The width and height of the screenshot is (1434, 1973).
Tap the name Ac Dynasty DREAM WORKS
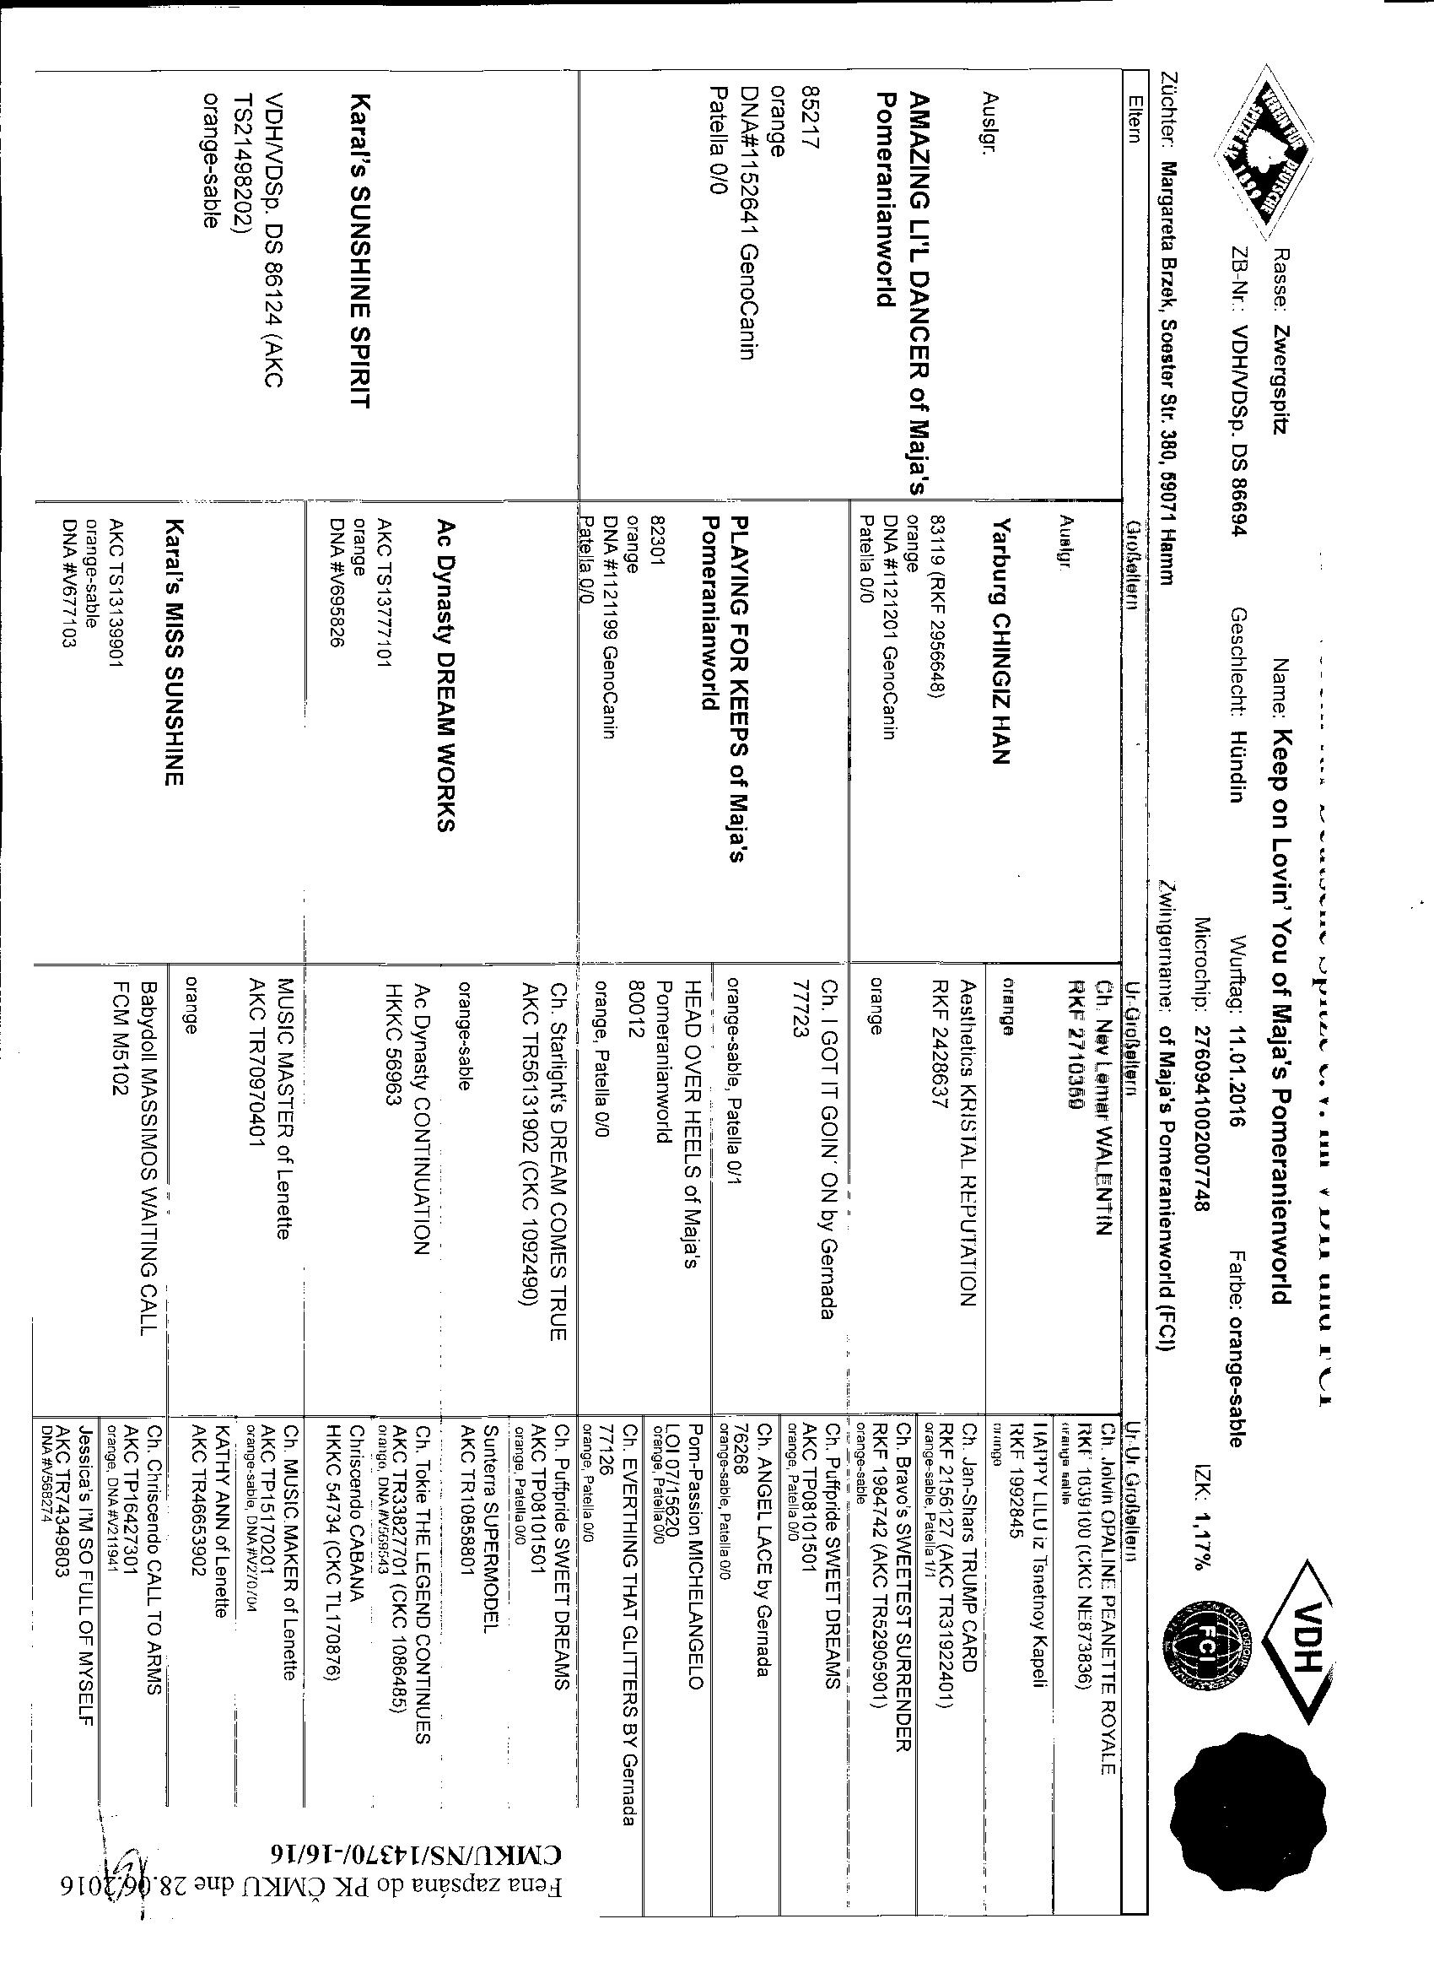[x=446, y=675]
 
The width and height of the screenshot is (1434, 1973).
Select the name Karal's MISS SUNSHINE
[x=175, y=652]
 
